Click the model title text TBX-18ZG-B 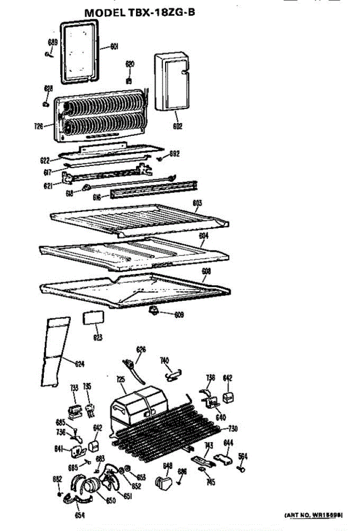[x=139, y=13]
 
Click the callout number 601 [x=114, y=46]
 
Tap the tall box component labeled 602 [x=173, y=83]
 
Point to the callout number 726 [x=39, y=127]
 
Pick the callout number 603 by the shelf [x=197, y=203]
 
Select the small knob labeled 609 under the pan [x=155, y=311]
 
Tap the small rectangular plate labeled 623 [x=94, y=318]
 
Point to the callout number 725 [x=120, y=379]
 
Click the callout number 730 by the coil [x=232, y=428]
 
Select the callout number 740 [x=164, y=361]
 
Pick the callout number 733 [x=74, y=388]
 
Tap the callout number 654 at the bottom [x=80, y=515]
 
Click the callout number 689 [x=53, y=42]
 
